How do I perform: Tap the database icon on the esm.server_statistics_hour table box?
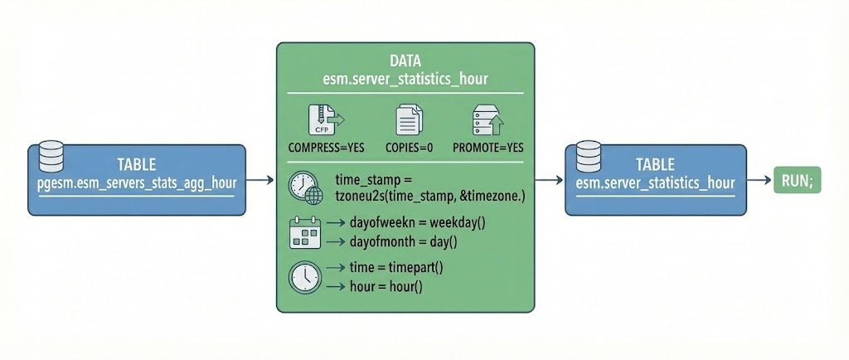(587, 154)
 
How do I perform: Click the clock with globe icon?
(305, 188)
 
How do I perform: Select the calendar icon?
(304, 234)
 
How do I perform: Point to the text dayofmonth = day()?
(397, 242)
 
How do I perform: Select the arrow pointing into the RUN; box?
(757, 179)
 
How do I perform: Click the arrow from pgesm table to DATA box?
(260, 179)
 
